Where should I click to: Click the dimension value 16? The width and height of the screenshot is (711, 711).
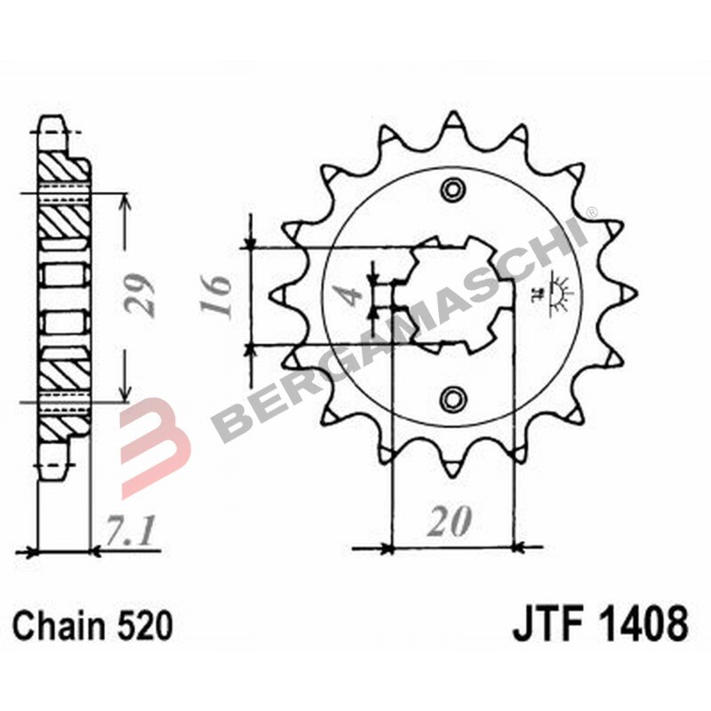tap(216, 296)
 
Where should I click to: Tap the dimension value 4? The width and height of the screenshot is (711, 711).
tap(351, 296)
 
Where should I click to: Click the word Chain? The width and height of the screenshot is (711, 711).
tap(58, 626)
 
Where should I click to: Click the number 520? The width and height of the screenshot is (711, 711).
tap(145, 626)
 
